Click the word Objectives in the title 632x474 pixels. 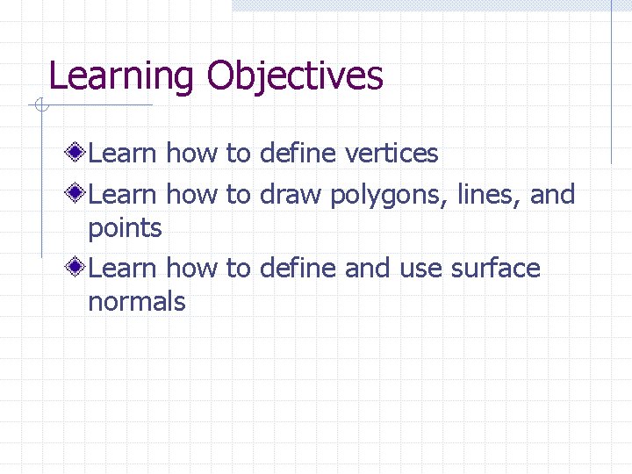click(x=295, y=76)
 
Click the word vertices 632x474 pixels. click(x=391, y=154)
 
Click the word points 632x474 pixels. click(x=125, y=229)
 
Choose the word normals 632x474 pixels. click(x=136, y=302)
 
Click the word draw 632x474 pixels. click(x=291, y=194)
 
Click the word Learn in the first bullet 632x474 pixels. click(x=122, y=154)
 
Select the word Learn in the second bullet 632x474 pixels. click(x=122, y=194)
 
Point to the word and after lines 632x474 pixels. click(x=552, y=194)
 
